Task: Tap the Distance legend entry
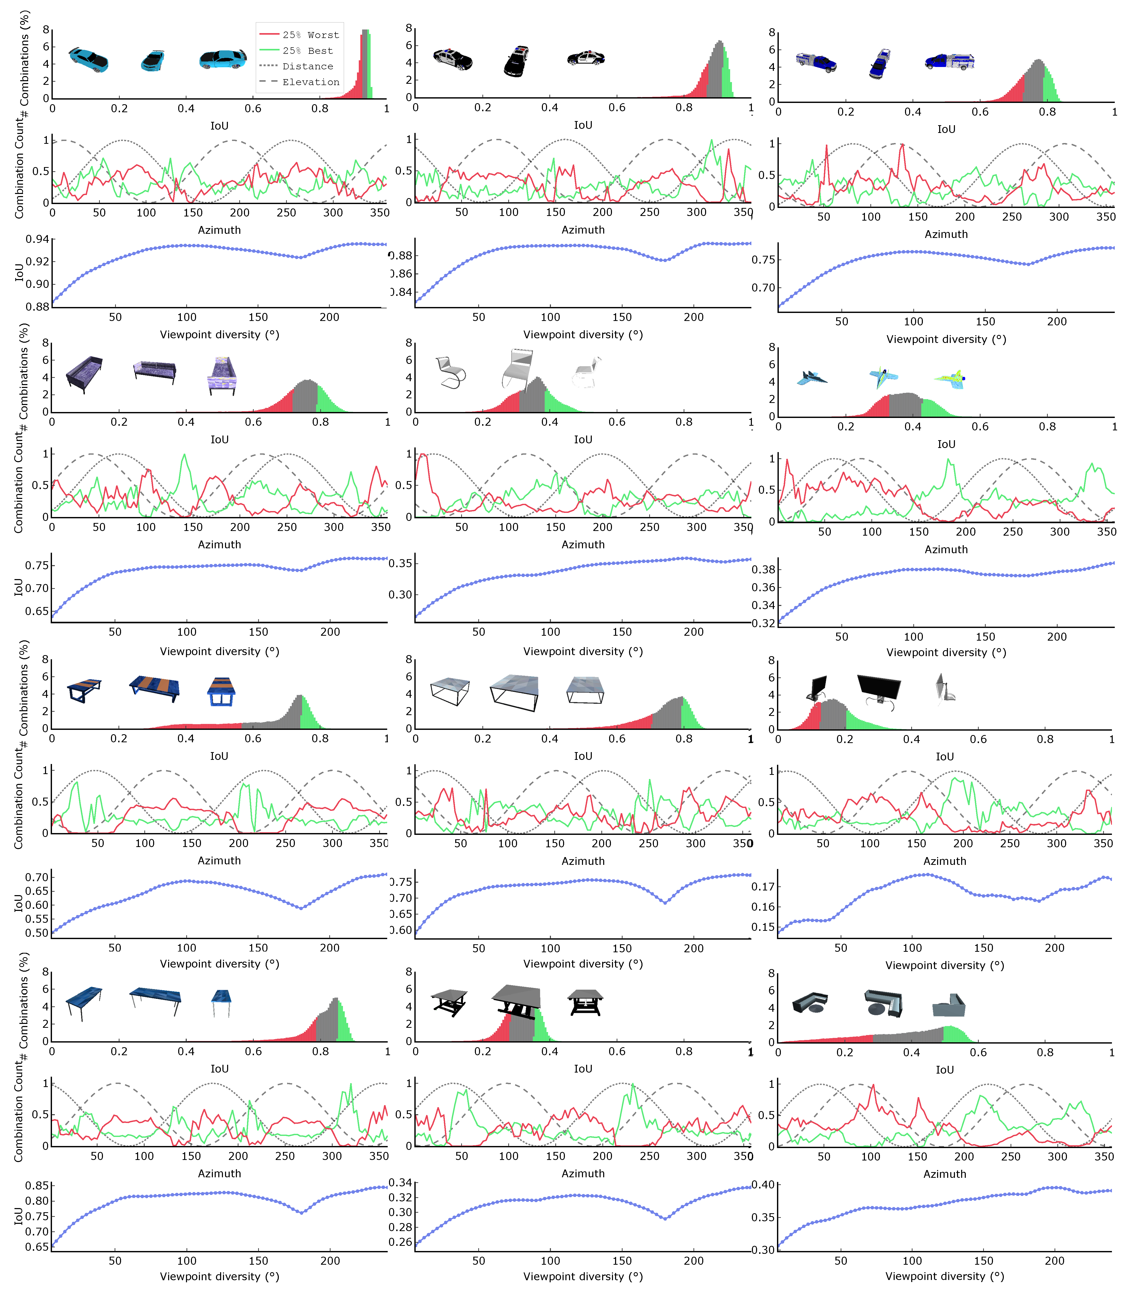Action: (308, 66)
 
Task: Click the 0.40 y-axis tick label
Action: (763, 1185)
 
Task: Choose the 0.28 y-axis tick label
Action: (401, 1227)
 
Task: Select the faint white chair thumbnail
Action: (586, 373)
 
